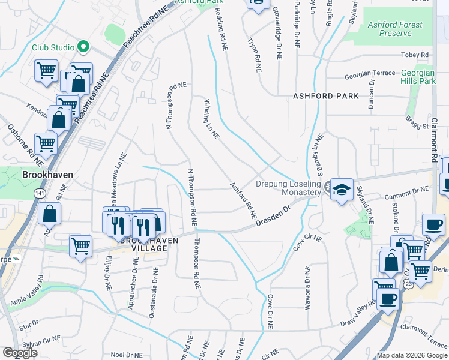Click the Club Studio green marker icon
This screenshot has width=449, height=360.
tap(84, 47)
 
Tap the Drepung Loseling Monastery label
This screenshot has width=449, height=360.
tap(289, 188)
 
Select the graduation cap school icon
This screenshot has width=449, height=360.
tap(342, 190)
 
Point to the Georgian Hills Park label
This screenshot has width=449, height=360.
tap(418, 77)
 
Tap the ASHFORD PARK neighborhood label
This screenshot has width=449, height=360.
tap(325, 96)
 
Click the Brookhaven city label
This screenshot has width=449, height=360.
tap(47, 175)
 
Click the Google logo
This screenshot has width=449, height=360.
tap(20, 353)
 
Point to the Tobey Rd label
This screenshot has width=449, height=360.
tap(417, 55)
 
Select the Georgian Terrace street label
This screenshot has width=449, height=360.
tap(369, 76)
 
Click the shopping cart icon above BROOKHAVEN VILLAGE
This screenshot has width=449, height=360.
tap(80, 245)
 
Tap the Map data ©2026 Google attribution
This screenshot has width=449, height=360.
tap(411, 355)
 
